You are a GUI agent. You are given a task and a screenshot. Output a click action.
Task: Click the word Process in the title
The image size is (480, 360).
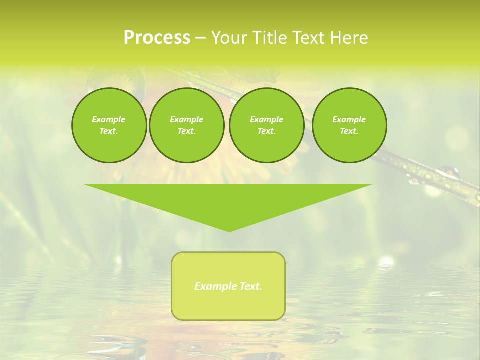[x=157, y=38]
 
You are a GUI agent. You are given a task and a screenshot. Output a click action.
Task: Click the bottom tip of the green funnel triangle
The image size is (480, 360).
[x=229, y=231]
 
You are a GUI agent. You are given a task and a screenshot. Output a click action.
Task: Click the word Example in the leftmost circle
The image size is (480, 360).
[x=109, y=119]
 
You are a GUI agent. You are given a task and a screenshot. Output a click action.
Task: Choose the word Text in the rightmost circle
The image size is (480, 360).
[x=349, y=131]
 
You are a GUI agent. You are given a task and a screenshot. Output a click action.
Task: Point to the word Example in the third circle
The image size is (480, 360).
[x=266, y=119]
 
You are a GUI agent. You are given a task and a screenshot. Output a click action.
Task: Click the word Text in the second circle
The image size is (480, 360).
[x=186, y=131]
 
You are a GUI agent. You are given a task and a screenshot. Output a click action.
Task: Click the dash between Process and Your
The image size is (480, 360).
[x=200, y=38]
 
